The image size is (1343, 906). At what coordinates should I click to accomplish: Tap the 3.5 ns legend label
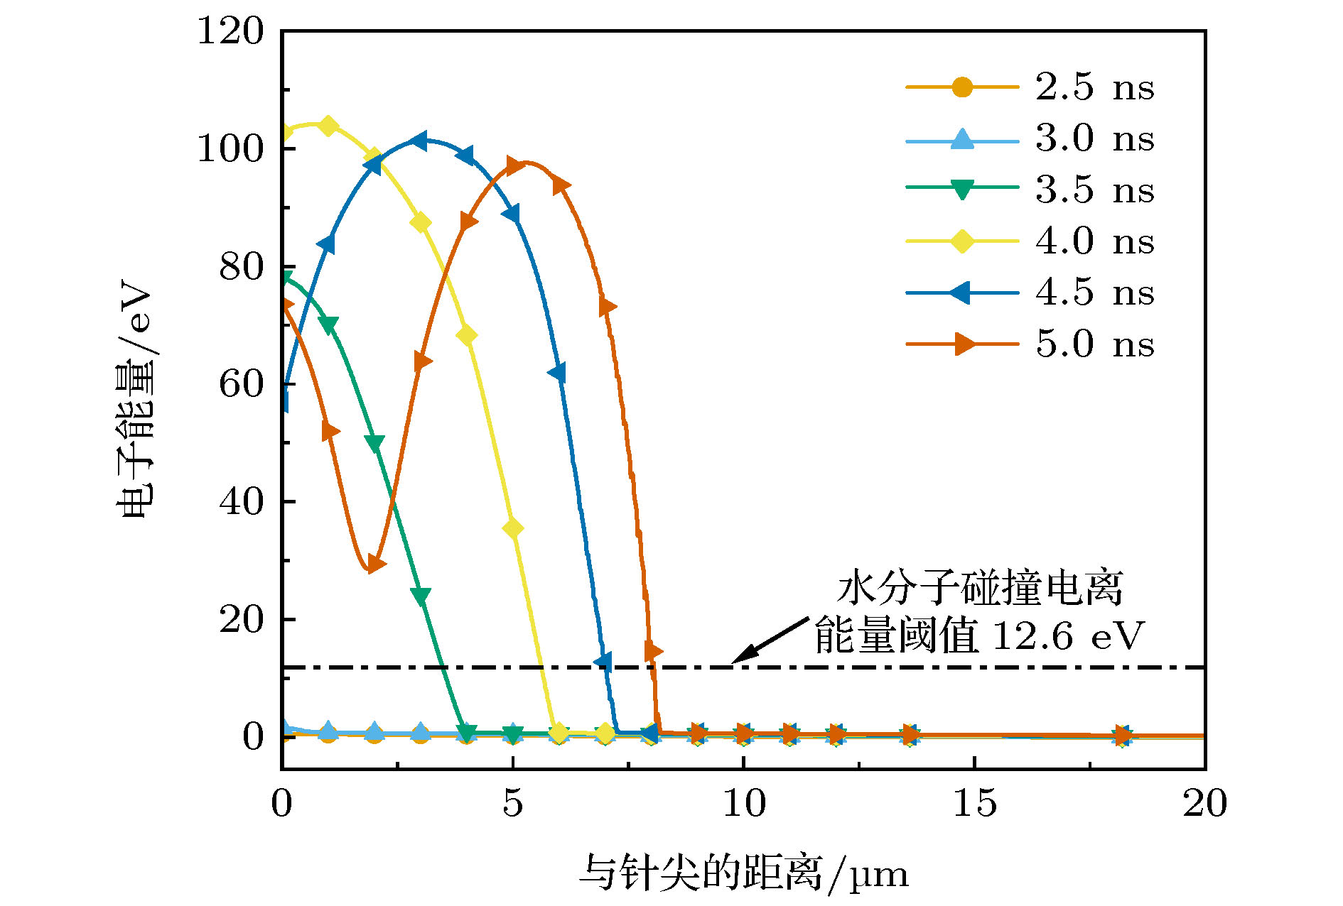(x=1094, y=190)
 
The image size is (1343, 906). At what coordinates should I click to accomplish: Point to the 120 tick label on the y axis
(x=230, y=31)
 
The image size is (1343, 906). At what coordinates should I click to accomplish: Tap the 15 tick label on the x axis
(x=974, y=804)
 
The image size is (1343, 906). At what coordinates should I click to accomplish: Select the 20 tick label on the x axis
(x=1204, y=804)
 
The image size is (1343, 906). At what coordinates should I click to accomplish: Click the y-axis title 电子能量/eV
(x=134, y=401)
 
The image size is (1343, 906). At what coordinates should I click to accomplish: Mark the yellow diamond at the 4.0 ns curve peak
(x=328, y=126)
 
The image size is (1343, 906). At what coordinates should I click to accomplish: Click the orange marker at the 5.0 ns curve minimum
(x=374, y=564)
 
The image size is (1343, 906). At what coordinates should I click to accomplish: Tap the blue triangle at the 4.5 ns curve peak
(x=420, y=141)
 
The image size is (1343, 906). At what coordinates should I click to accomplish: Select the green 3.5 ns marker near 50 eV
(x=374, y=443)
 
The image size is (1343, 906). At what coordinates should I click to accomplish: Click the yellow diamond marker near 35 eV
(x=513, y=529)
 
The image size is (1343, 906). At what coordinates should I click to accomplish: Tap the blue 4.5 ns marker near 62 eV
(x=559, y=372)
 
